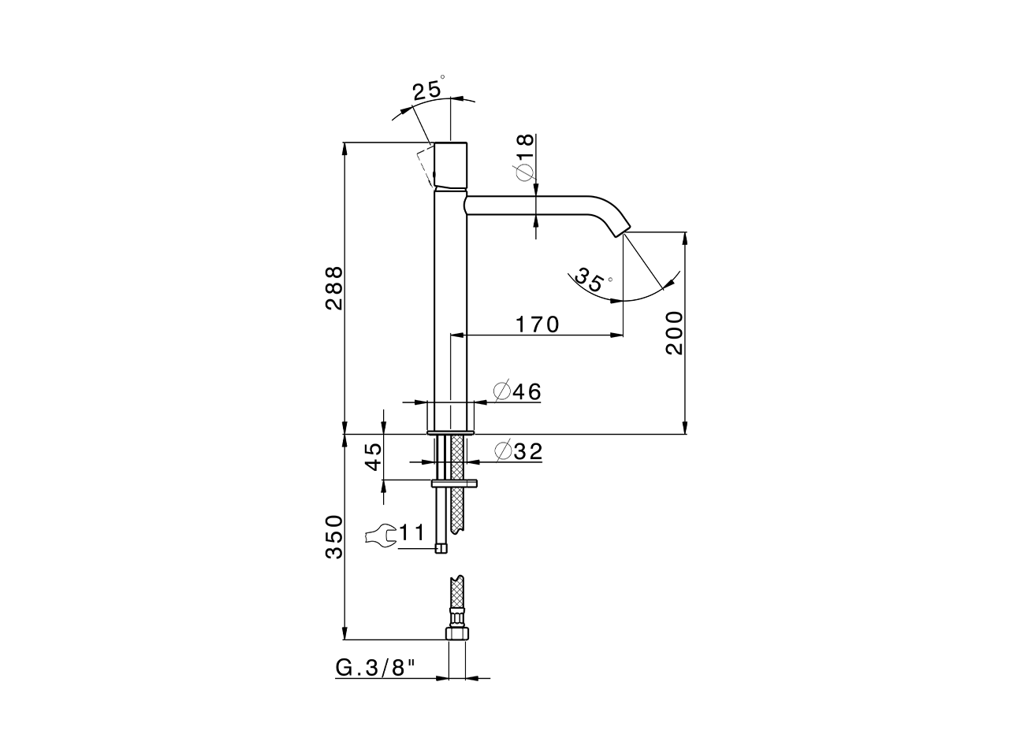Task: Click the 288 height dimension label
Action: click(x=334, y=287)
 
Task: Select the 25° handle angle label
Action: click(x=428, y=90)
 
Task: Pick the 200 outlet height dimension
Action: click(x=674, y=332)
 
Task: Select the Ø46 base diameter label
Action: click(x=517, y=391)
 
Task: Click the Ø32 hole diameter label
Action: click(x=518, y=451)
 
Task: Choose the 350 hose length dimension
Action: click(x=334, y=537)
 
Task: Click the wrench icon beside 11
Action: click(x=381, y=535)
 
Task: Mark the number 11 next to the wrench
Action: click(x=411, y=533)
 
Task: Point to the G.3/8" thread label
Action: click(x=375, y=668)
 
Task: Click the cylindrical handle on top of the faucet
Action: click(x=451, y=165)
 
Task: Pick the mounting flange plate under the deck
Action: click(x=455, y=483)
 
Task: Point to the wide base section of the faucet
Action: click(x=452, y=416)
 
